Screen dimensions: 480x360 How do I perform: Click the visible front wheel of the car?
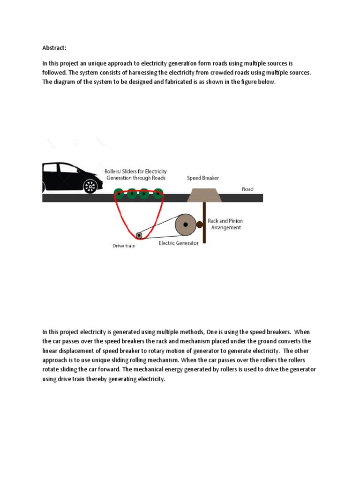pos(90,186)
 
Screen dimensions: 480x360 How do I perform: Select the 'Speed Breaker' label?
pos(203,178)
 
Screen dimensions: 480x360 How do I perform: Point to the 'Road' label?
pos(247,189)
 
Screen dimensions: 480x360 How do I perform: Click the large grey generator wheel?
pos(186,225)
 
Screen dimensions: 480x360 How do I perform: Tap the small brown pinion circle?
pos(199,225)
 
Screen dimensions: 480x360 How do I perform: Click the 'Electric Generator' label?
pos(179,243)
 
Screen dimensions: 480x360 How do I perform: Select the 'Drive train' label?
pos(124,246)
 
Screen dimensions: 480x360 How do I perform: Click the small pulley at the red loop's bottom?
pos(139,235)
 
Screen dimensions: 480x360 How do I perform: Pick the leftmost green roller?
pos(119,193)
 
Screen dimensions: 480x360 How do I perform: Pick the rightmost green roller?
pos(158,193)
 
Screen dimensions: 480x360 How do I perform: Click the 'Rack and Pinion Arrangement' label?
pos(225,224)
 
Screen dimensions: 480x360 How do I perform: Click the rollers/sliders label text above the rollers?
pos(136,175)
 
